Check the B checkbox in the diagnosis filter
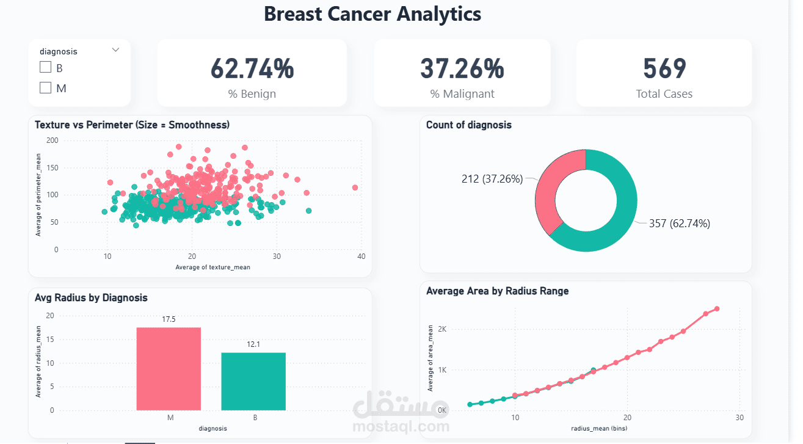45,68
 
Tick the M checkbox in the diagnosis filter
45,88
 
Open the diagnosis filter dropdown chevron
115,50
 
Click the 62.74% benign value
252,68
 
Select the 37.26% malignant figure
462,68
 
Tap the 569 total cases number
664,68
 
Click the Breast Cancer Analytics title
372,14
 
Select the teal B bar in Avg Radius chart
253,381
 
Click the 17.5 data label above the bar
169,319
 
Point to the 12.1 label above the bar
253,344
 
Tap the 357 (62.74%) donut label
679,224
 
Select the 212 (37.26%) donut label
492,179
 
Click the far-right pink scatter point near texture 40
355,187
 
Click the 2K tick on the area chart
441,329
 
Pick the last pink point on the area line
717,308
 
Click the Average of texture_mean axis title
213,267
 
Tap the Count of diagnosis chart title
468,125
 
